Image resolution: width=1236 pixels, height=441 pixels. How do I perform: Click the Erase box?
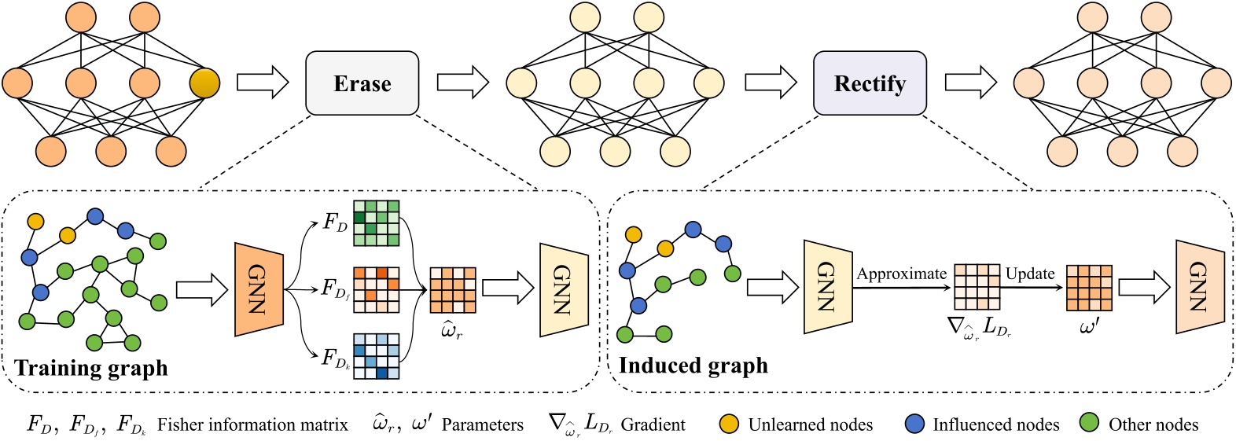[x=362, y=83]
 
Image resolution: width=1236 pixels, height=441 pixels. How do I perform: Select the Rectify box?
[x=869, y=83]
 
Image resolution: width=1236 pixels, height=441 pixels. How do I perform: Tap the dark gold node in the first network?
[x=204, y=83]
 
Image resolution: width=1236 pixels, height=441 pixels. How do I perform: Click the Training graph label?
[x=91, y=368]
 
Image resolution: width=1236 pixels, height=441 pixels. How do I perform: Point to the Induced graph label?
[x=693, y=366]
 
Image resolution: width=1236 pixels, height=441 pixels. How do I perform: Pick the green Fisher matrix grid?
[x=376, y=223]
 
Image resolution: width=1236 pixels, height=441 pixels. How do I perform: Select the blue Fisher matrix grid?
[x=376, y=356]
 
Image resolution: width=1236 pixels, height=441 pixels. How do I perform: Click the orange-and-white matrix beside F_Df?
[x=376, y=289]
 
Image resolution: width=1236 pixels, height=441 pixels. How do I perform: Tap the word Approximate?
[x=901, y=274]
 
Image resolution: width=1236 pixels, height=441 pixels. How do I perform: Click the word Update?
[x=1030, y=274]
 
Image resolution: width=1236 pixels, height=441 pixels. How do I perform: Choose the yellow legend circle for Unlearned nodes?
[x=729, y=424]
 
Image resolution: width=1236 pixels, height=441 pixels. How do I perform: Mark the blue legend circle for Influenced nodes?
[x=914, y=424]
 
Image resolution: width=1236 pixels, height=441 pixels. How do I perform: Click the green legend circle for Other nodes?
[x=1090, y=424]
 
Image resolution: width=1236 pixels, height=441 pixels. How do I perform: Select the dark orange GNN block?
[x=259, y=289]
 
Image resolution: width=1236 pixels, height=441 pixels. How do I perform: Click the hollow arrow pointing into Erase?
[x=263, y=83]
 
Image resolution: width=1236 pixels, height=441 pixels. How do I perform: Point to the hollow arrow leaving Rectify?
[x=970, y=83]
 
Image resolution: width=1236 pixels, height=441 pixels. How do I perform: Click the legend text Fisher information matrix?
[x=252, y=425]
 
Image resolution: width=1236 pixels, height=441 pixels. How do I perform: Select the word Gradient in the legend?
[x=653, y=425]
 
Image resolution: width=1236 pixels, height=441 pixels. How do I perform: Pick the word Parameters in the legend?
[x=482, y=425]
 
